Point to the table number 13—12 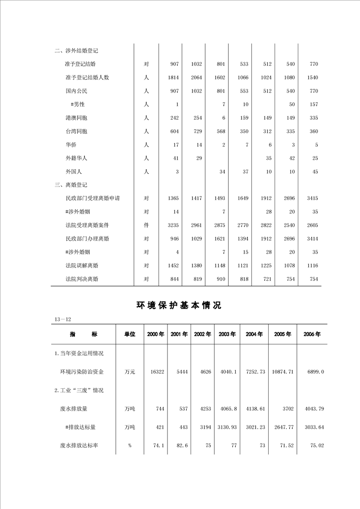coord(63,319)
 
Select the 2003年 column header coord(227,334)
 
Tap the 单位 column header coord(130,334)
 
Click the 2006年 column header coord(312,334)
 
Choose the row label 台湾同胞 coord(76,132)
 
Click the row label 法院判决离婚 coord(82,279)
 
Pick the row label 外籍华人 coord(76,158)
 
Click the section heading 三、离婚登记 coord(70,185)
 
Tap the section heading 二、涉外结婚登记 coord(76,51)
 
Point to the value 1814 coord(173,78)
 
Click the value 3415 coord(312,199)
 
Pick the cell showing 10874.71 coord(283,372)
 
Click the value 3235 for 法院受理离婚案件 coord(173,225)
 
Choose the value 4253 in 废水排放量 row coord(206,409)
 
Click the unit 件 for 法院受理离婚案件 coord(146,225)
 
